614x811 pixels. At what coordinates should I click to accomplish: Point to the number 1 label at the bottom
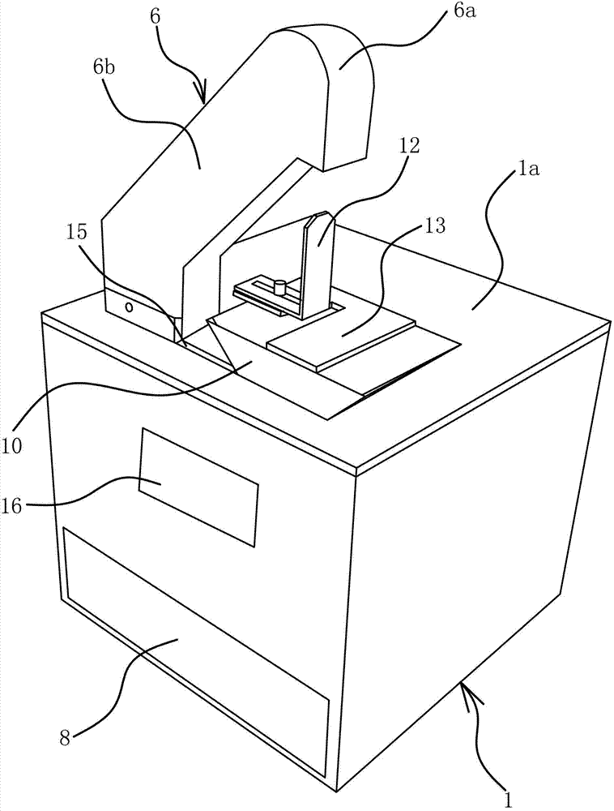pyautogui.click(x=508, y=800)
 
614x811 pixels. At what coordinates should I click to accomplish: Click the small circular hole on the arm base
pyautogui.click(x=128, y=307)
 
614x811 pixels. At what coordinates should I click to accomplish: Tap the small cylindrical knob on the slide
pyautogui.click(x=279, y=286)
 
